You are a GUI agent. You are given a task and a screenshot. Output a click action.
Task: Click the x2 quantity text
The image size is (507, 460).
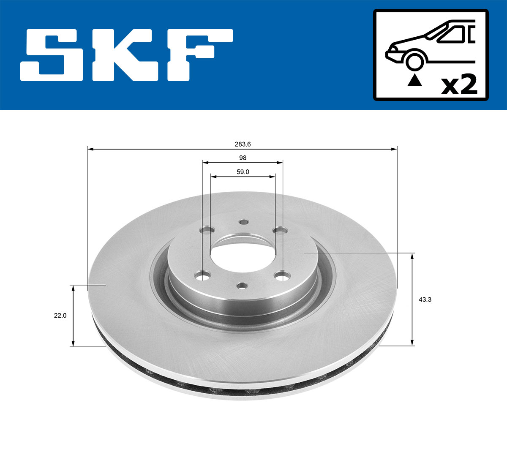[459, 85]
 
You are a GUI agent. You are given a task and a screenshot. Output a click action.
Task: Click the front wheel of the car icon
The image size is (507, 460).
[414, 61]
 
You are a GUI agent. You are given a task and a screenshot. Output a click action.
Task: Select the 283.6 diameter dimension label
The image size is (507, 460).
[243, 144]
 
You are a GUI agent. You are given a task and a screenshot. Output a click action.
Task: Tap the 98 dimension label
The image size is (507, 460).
[243, 158]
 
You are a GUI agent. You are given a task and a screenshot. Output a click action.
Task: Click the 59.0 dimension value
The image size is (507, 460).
[243, 171]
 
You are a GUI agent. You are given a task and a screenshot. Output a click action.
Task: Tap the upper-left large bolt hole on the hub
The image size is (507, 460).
[206, 231]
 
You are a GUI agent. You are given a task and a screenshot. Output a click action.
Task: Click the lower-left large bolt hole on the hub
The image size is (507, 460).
[203, 276]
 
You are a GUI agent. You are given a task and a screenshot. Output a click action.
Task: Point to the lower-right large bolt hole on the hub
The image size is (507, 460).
[282, 276]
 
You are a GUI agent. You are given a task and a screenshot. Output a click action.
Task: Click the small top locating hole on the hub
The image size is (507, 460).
[243, 222]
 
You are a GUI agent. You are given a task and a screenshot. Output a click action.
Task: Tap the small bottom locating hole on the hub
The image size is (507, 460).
[242, 286]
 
